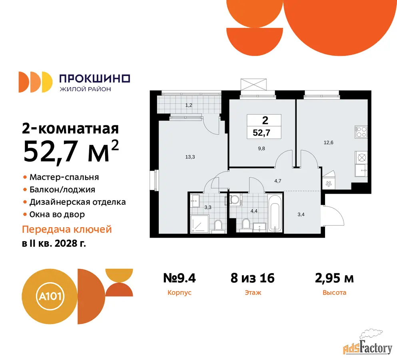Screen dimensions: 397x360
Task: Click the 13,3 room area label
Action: point(190,157)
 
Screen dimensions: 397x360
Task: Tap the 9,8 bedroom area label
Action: point(261,148)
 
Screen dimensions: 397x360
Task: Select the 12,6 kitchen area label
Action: point(328,142)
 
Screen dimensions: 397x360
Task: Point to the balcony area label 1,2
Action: point(189,105)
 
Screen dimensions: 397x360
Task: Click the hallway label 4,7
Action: point(278,181)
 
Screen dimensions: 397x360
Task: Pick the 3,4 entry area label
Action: point(301,214)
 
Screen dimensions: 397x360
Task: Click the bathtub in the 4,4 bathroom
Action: point(275,213)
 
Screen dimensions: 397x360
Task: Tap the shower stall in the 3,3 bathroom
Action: point(199,224)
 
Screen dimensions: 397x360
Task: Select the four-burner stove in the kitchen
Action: point(361,132)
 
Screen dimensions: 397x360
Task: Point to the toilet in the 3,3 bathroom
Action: point(218,226)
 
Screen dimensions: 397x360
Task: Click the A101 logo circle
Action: point(50,296)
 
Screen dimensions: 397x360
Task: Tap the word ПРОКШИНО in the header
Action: point(95,78)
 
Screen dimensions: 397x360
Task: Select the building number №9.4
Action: point(180,278)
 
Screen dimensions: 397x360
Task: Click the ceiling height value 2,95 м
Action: point(334,278)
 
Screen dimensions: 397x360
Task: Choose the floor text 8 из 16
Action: point(252,278)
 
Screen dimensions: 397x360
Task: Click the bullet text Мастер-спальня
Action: point(64,177)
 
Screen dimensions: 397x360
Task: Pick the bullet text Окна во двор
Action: point(57,214)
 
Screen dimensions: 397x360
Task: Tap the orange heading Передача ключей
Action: point(67,229)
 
